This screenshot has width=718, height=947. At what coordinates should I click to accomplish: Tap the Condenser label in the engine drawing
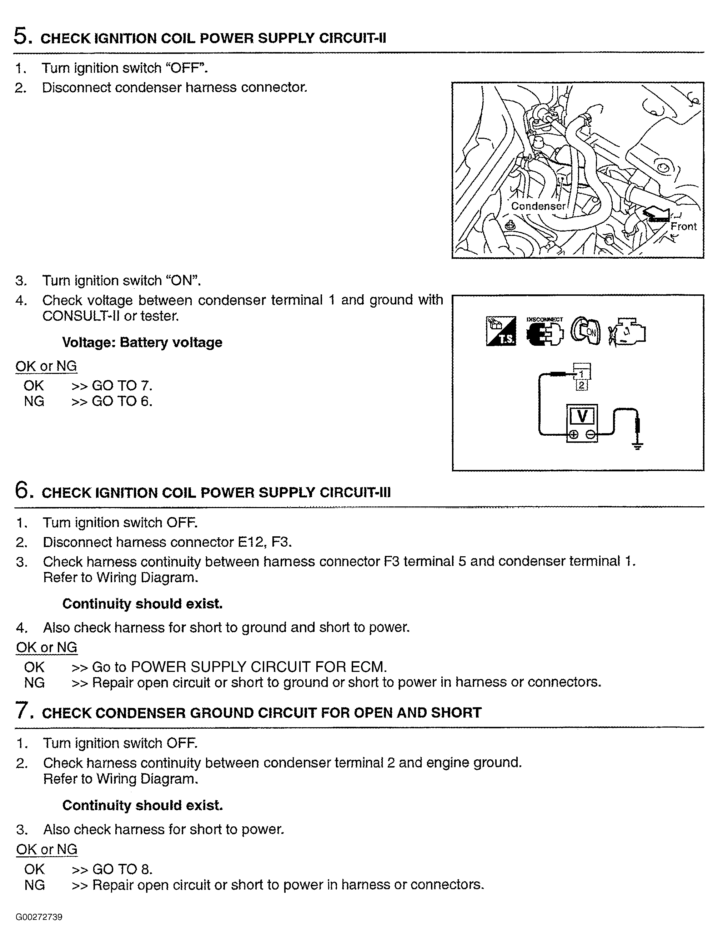pos(538,206)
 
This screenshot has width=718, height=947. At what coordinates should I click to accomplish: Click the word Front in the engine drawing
pos(683,227)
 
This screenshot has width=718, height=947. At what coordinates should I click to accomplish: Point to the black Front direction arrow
pos(656,214)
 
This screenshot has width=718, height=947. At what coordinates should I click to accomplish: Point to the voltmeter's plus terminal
pos(573,435)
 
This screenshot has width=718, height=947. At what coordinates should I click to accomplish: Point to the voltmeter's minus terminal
pos(590,435)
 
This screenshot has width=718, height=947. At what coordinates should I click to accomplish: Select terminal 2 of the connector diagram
pos(581,385)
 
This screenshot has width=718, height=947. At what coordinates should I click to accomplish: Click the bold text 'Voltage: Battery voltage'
pos(142,343)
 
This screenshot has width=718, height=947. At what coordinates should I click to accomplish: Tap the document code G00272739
pos(39,917)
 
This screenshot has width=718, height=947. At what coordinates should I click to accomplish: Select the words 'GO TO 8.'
pos(122,869)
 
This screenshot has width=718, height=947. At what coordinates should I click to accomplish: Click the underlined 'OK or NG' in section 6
pos(47,647)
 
